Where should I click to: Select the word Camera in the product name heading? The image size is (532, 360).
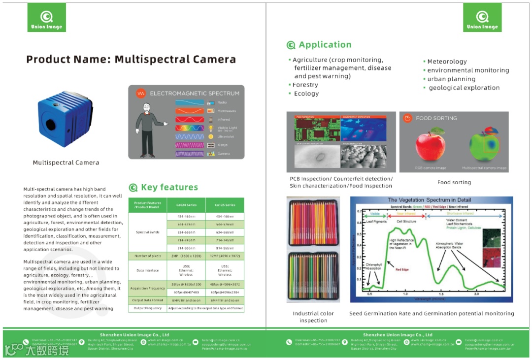(209, 60)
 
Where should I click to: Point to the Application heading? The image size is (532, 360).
(325, 45)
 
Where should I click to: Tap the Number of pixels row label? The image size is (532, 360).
(147, 256)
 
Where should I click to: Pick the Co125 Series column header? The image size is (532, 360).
(225, 205)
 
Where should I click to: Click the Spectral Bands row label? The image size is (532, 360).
(147, 232)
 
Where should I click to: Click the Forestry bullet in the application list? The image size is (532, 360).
(305, 85)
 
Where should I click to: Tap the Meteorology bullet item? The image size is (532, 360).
(447, 62)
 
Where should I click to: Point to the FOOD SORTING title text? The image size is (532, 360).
(436, 118)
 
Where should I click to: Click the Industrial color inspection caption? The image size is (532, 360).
(313, 317)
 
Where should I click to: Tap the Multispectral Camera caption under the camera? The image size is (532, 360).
(66, 163)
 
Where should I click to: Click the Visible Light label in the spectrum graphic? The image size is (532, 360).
(227, 128)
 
